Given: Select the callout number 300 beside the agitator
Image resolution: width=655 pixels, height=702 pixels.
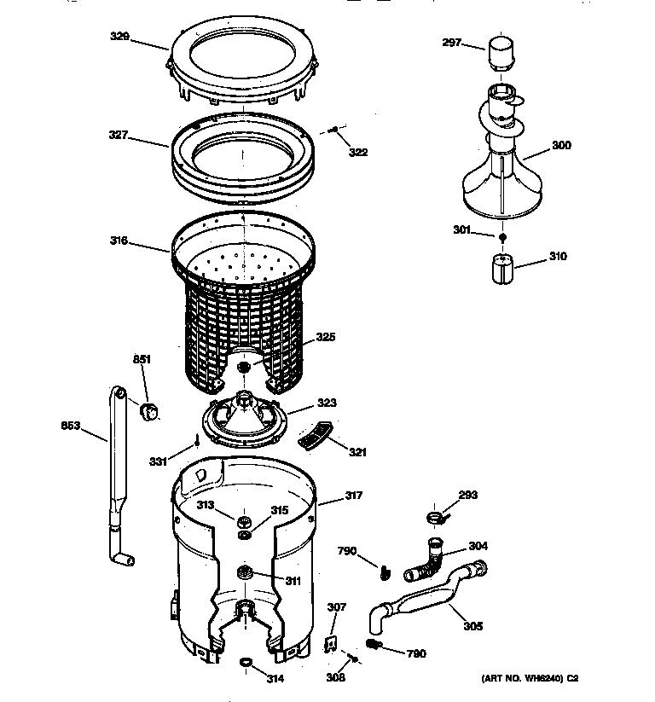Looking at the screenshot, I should click(561, 146).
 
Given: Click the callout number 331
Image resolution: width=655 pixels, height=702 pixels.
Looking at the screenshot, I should click(157, 461).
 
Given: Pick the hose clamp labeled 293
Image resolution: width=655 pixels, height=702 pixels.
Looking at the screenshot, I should click(433, 516).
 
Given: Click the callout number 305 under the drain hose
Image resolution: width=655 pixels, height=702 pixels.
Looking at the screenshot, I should click(472, 626).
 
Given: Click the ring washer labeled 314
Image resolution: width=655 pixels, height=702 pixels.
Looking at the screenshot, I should click(246, 662).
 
